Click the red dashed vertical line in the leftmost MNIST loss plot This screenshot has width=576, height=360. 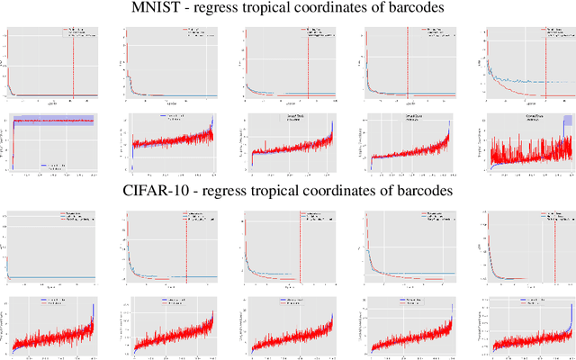click(x=73, y=63)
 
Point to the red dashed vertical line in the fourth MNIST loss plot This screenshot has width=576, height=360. click(x=408, y=63)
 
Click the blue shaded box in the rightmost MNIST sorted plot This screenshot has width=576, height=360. click(x=566, y=122)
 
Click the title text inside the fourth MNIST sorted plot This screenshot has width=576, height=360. click(x=406, y=118)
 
